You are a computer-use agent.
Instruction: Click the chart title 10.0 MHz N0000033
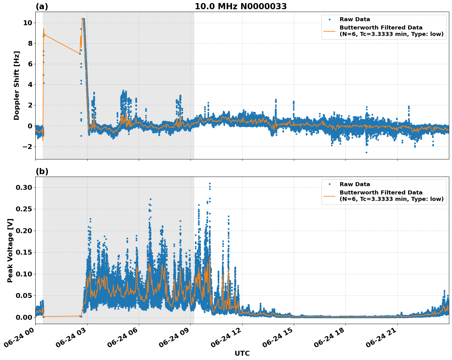[x=240, y=6]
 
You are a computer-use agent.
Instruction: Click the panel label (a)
[x=42, y=6]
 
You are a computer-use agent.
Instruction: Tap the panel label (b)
[x=42, y=171]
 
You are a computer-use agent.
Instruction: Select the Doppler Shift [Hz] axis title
[x=17, y=85]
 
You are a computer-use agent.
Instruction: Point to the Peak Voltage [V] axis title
[x=10, y=250]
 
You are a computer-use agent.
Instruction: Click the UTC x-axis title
[x=242, y=353]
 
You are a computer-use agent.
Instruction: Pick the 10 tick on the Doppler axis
[x=27, y=23]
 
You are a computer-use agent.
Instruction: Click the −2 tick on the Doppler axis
[x=25, y=147]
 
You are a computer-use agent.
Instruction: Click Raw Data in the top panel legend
[x=355, y=19]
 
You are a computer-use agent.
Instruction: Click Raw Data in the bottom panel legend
[x=355, y=184]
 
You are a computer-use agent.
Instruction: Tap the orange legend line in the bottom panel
[x=330, y=196]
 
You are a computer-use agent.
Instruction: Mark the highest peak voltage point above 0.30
[x=210, y=184]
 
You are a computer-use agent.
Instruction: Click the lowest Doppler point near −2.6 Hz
[x=366, y=152]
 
